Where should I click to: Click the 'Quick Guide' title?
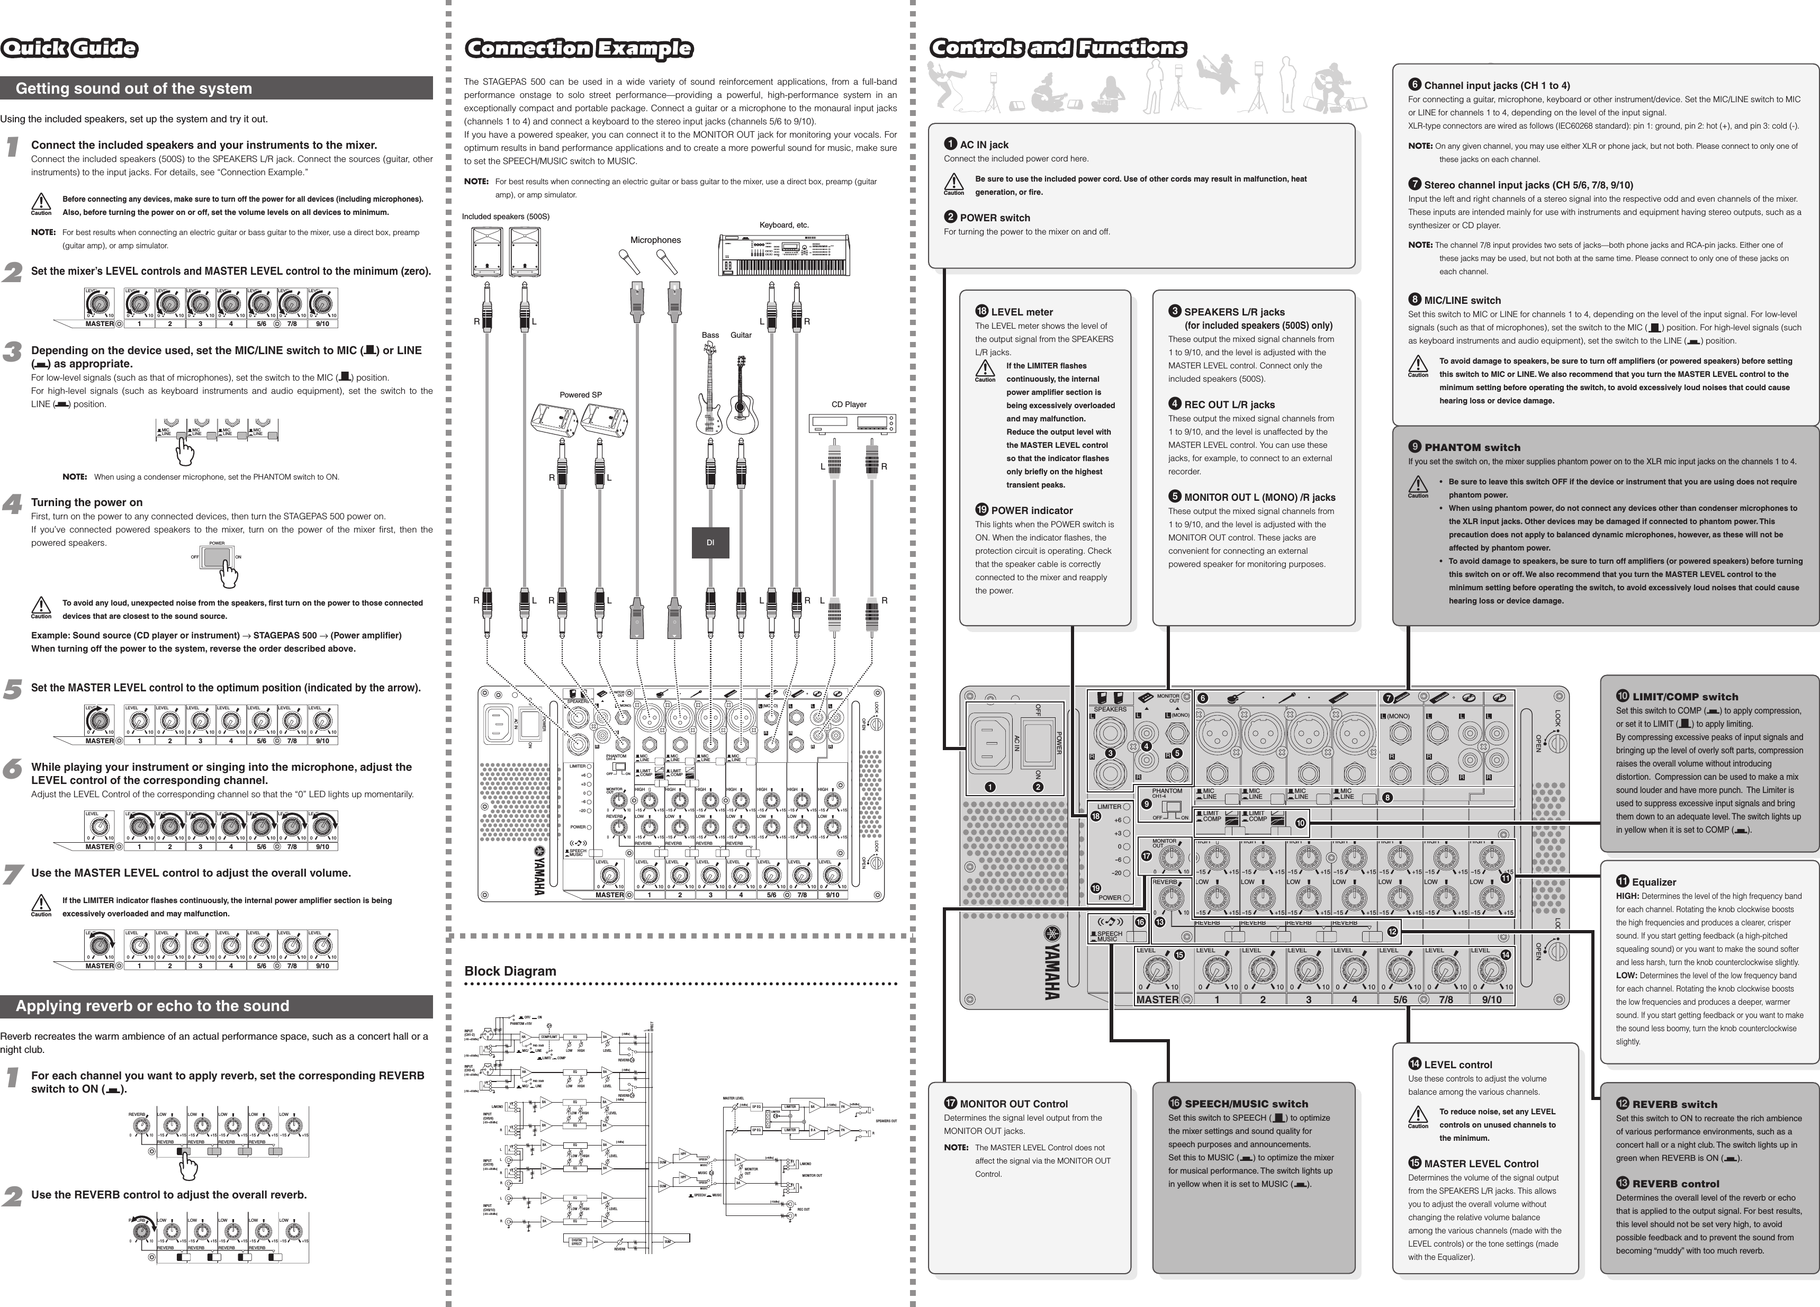pos(69,48)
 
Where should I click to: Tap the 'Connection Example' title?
pos(579,49)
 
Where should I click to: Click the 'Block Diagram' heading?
pos(510,971)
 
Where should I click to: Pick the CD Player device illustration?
pos(852,423)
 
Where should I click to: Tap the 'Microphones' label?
pos(655,240)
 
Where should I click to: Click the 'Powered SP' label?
pos(580,395)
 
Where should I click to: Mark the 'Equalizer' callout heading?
pos(1654,882)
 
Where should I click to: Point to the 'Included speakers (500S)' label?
pos(506,217)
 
